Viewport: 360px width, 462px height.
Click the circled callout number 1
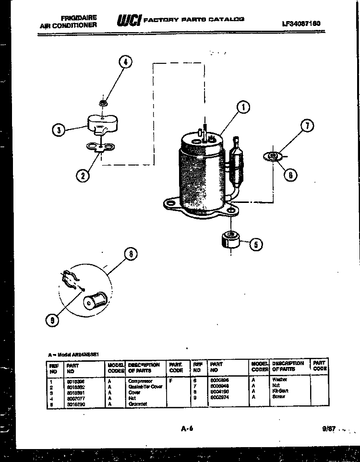[x=243, y=107]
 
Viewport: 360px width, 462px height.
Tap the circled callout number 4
[x=125, y=61]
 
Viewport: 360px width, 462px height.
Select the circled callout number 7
[x=307, y=127]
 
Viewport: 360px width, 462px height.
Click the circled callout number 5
[x=255, y=245]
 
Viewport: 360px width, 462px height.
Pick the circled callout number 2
[x=83, y=176]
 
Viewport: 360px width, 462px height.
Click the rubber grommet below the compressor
[x=230, y=239]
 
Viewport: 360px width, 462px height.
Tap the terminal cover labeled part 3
[x=102, y=125]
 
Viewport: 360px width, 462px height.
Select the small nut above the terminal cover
[x=102, y=103]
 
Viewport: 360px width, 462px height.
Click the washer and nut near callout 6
[x=272, y=155]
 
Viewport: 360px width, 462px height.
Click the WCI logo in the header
[x=129, y=21]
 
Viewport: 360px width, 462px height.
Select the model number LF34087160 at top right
[x=301, y=23]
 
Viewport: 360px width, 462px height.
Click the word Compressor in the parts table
[x=140, y=381]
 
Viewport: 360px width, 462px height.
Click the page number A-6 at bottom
[x=187, y=428]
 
